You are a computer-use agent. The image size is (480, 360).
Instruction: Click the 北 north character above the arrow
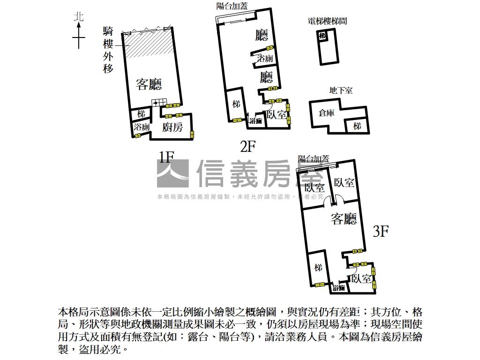coord(79,17)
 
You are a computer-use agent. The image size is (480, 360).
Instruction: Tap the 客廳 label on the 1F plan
coord(149,84)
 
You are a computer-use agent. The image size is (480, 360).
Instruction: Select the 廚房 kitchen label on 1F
coord(172,127)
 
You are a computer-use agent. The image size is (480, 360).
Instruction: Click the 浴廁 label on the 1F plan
coord(141,127)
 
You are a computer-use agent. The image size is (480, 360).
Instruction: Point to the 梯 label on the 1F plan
coord(141,114)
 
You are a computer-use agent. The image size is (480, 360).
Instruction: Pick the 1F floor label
coord(166,157)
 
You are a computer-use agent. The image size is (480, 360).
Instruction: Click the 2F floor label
coord(247,147)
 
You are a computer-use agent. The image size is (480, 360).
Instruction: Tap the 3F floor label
coord(381,231)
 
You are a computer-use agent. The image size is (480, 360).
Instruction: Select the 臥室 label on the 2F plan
coord(276,114)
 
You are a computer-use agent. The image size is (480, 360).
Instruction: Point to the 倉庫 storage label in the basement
coord(326,113)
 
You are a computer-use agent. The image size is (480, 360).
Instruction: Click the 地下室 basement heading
coord(341,90)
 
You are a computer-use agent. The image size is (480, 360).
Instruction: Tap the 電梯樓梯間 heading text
coord(327,21)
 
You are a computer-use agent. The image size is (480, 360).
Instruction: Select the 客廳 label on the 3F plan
coord(344,218)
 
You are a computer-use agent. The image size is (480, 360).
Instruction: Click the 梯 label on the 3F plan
coord(318,268)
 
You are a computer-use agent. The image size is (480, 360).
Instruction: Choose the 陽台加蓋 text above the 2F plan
coord(232,6)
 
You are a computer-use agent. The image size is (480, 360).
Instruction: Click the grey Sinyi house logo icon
coord(172,174)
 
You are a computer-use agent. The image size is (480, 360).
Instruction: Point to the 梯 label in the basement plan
coord(357,126)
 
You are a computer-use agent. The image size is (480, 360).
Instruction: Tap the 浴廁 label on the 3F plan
coord(338,288)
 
